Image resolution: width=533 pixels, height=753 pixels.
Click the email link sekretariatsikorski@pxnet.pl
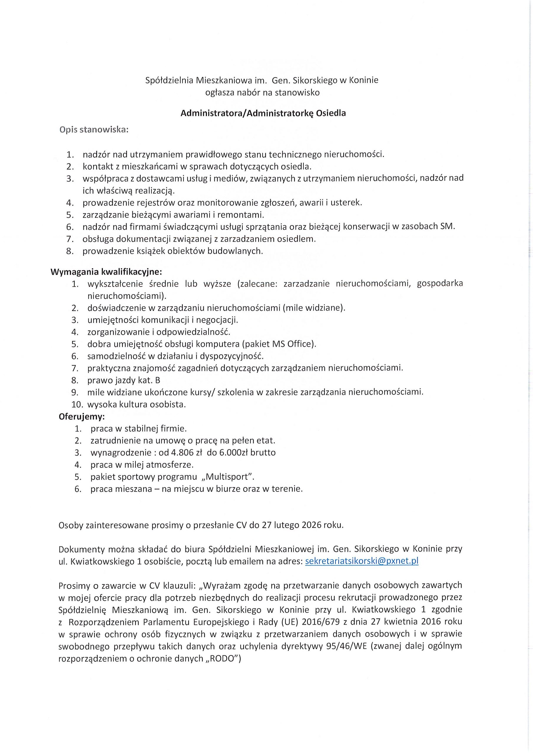362,561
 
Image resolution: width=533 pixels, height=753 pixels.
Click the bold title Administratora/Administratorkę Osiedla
263,114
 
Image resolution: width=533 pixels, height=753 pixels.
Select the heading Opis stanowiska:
94,130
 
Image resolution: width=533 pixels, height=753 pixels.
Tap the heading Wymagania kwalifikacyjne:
106,272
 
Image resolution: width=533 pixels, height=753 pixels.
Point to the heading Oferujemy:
82,417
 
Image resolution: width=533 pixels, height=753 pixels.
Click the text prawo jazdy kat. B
124,380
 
